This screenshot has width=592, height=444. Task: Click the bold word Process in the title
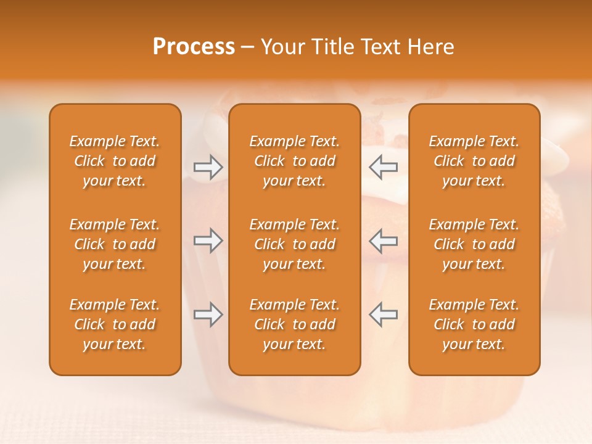point(194,46)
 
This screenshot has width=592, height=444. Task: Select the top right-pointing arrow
point(208,167)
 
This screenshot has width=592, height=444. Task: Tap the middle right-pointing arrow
point(208,240)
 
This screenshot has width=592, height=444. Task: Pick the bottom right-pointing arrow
point(208,314)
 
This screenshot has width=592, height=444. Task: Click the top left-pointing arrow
point(384,167)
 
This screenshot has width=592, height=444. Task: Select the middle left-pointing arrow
point(384,240)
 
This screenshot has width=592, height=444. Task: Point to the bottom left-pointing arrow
point(384,314)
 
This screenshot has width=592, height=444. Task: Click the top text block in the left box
point(115,161)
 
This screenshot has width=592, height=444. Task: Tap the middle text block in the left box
point(115,244)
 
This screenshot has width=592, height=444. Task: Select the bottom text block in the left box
point(115,324)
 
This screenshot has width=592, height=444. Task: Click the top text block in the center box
point(295,161)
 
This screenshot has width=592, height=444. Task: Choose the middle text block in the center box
point(295,244)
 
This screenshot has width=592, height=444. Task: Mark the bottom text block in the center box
point(295,324)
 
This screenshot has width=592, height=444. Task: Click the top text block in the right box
point(474,161)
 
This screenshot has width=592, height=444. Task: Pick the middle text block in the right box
point(474,244)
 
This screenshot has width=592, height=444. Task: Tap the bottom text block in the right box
point(474,324)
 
